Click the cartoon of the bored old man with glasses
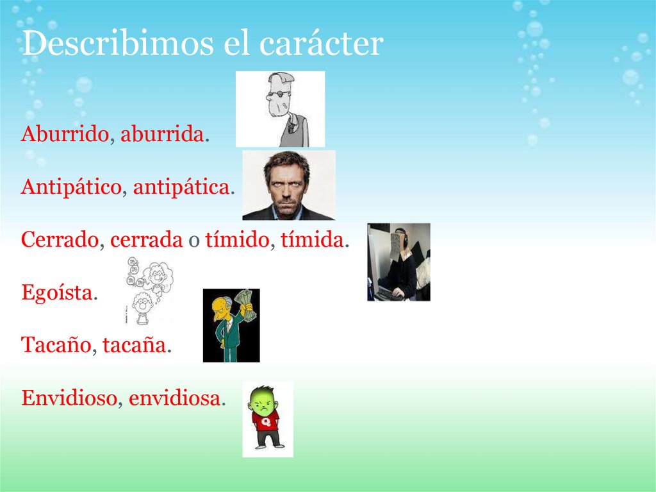(280, 108)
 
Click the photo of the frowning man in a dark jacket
(288, 185)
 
